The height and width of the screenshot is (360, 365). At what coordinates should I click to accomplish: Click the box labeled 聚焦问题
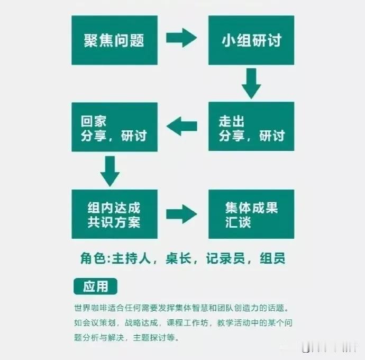tap(114, 40)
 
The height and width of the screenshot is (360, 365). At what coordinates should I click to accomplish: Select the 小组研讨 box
tap(251, 40)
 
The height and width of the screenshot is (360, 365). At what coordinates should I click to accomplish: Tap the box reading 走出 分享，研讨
tap(251, 127)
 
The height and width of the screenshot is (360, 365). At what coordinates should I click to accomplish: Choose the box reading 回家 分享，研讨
tap(114, 127)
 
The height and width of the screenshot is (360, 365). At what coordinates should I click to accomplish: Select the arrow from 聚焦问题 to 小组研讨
tap(181, 38)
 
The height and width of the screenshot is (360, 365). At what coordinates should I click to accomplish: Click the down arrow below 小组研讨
tap(251, 84)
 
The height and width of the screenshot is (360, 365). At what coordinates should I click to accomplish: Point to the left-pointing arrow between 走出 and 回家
tap(181, 126)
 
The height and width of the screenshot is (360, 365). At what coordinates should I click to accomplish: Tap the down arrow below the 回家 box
tap(110, 170)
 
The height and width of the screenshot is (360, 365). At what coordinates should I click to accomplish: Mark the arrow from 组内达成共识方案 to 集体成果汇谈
tap(181, 214)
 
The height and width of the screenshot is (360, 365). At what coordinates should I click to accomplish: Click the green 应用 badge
tap(95, 286)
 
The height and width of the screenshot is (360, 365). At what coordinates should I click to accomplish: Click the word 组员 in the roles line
tap(272, 259)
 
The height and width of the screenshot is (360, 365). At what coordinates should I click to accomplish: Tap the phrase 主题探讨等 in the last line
tap(162, 337)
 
